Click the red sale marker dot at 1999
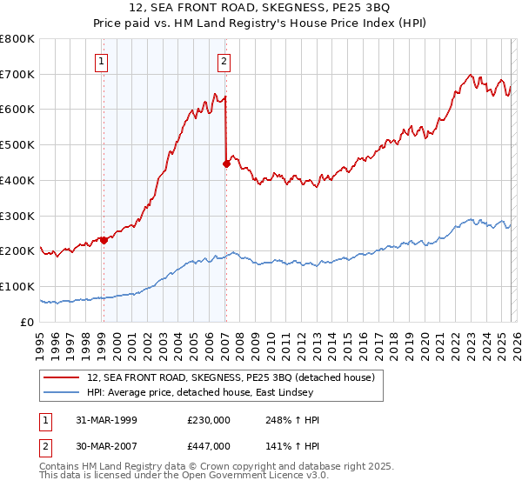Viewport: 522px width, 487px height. (x=104, y=240)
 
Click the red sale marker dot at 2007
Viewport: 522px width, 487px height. (x=226, y=163)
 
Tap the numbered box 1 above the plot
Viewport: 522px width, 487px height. (x=103, y=61)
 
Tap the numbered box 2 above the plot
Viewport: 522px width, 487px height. (x=224, y=61)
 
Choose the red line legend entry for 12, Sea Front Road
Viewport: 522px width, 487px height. (x=231, y=377)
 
